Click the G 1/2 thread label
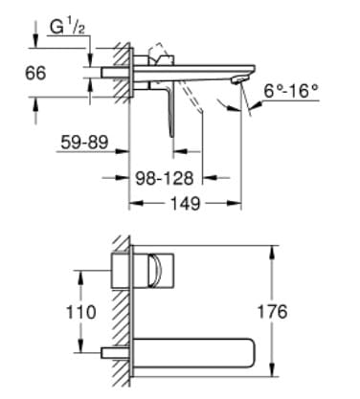[67, 28]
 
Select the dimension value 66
[35, 73]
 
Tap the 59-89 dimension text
[84, 143]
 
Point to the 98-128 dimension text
[165, 178]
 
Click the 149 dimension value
[186, 203]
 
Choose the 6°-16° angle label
[291, 91]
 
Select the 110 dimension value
[80, 312]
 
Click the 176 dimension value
[272, 312]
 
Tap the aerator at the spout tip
[238, 80]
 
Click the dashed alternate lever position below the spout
[191, 97]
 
